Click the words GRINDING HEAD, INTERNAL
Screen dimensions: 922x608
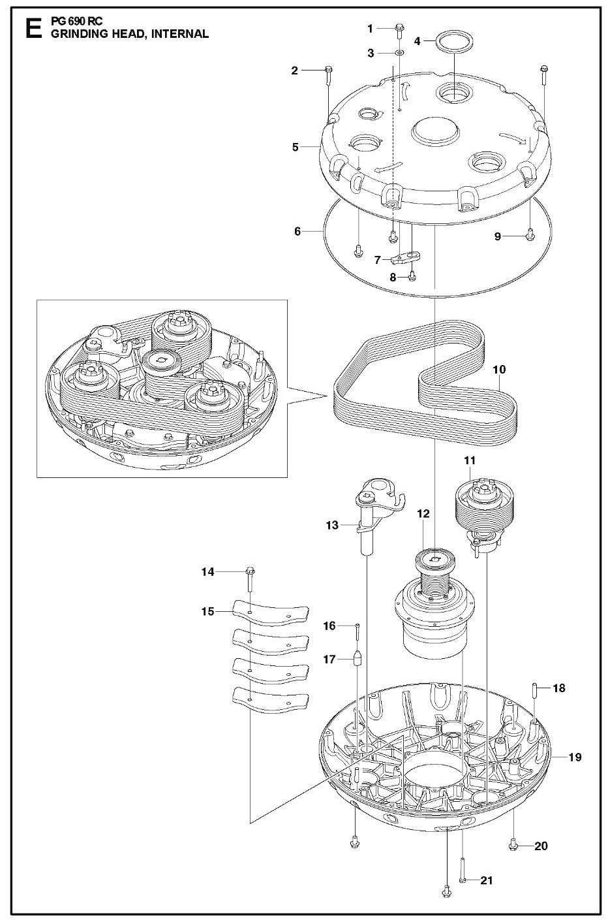click(x=130, y=34)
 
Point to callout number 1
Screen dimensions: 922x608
click(x=371, y=28)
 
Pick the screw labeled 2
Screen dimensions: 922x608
click(x=328, y=71)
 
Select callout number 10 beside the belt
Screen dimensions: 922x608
click(x=499, y=370)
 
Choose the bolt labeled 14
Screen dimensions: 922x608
click(x=250, y=572)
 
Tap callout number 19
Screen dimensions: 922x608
click(x=574, y=757)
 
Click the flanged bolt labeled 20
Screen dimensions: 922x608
click(x=513, y=846)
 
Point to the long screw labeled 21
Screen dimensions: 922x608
click(x=462, y=880)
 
